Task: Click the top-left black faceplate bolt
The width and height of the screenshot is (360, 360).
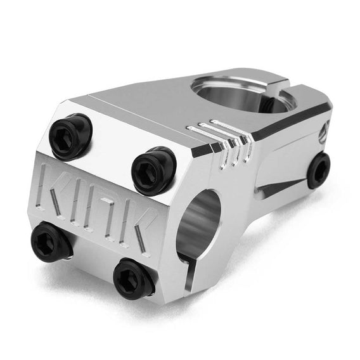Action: coord(70,136)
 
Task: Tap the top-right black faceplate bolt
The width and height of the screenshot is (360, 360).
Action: coord(153,166)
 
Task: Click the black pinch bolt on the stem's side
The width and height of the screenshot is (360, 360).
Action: coord(318,170)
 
